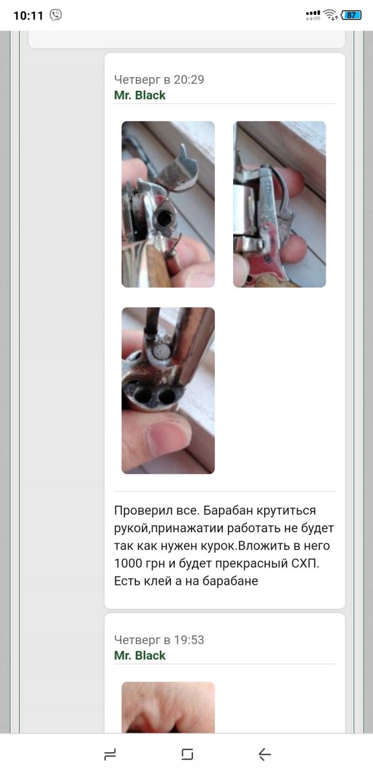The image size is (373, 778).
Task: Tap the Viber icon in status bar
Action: click(56, 15)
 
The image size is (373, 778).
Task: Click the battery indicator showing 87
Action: click(351, 15)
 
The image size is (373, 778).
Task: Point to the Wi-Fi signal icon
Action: click(330, 15)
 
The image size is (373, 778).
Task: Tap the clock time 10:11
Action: click(28, 16)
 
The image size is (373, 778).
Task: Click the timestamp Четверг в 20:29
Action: click(159, 80)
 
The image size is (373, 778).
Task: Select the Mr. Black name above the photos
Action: click(140, 95)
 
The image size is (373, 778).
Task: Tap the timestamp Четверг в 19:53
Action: click(159, 640)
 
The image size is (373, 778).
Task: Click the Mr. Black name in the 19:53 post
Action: click(140, 655)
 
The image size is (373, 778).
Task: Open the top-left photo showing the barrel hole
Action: click(168, 204)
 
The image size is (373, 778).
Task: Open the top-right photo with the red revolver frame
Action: click(279, 204)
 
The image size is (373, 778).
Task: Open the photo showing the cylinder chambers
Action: click(168, 390)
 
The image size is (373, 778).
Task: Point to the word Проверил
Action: click(143, 511)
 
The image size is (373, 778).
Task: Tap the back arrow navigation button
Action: click(265, 755)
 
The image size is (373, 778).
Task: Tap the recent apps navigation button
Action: click(110, 755)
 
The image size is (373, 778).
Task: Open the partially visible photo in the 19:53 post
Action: click(168, 707)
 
